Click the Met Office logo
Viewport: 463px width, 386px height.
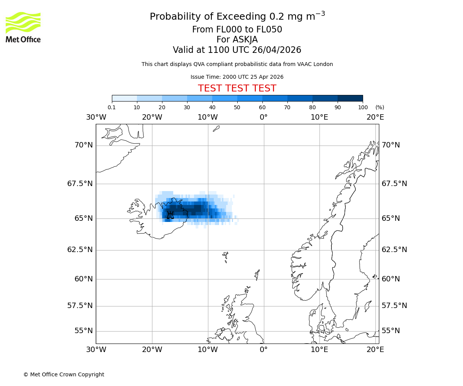(x=23, y=27)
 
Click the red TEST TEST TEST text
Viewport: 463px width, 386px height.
(x=237, y=88)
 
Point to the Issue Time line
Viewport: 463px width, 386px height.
(x=237, y=77)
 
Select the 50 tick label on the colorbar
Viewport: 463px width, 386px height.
(x=237, y=107)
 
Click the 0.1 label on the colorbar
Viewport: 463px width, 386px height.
(x=112, y=107)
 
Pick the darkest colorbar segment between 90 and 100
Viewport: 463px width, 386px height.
(x=350, y=98)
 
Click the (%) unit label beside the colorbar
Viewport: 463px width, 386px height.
(x=380, y=107)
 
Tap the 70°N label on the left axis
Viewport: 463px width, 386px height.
(x=84, y=145)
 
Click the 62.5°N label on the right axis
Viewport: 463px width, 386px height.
(x=394, y=250)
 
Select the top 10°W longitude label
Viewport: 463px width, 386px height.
(x=208, y=117)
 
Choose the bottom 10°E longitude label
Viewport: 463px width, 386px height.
(x=319, y=350)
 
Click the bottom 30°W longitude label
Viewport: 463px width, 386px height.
(x=96, y=350)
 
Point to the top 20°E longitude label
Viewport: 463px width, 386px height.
(x=375, y=117)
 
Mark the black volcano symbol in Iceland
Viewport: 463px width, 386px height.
(x=170, y=215)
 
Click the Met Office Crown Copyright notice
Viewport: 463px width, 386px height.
(x=64, y=374)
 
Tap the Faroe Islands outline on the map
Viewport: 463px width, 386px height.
(x=226, y=256)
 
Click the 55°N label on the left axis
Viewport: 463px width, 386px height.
(x=84, y=331)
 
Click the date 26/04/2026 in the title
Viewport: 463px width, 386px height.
(x=277, y=50)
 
